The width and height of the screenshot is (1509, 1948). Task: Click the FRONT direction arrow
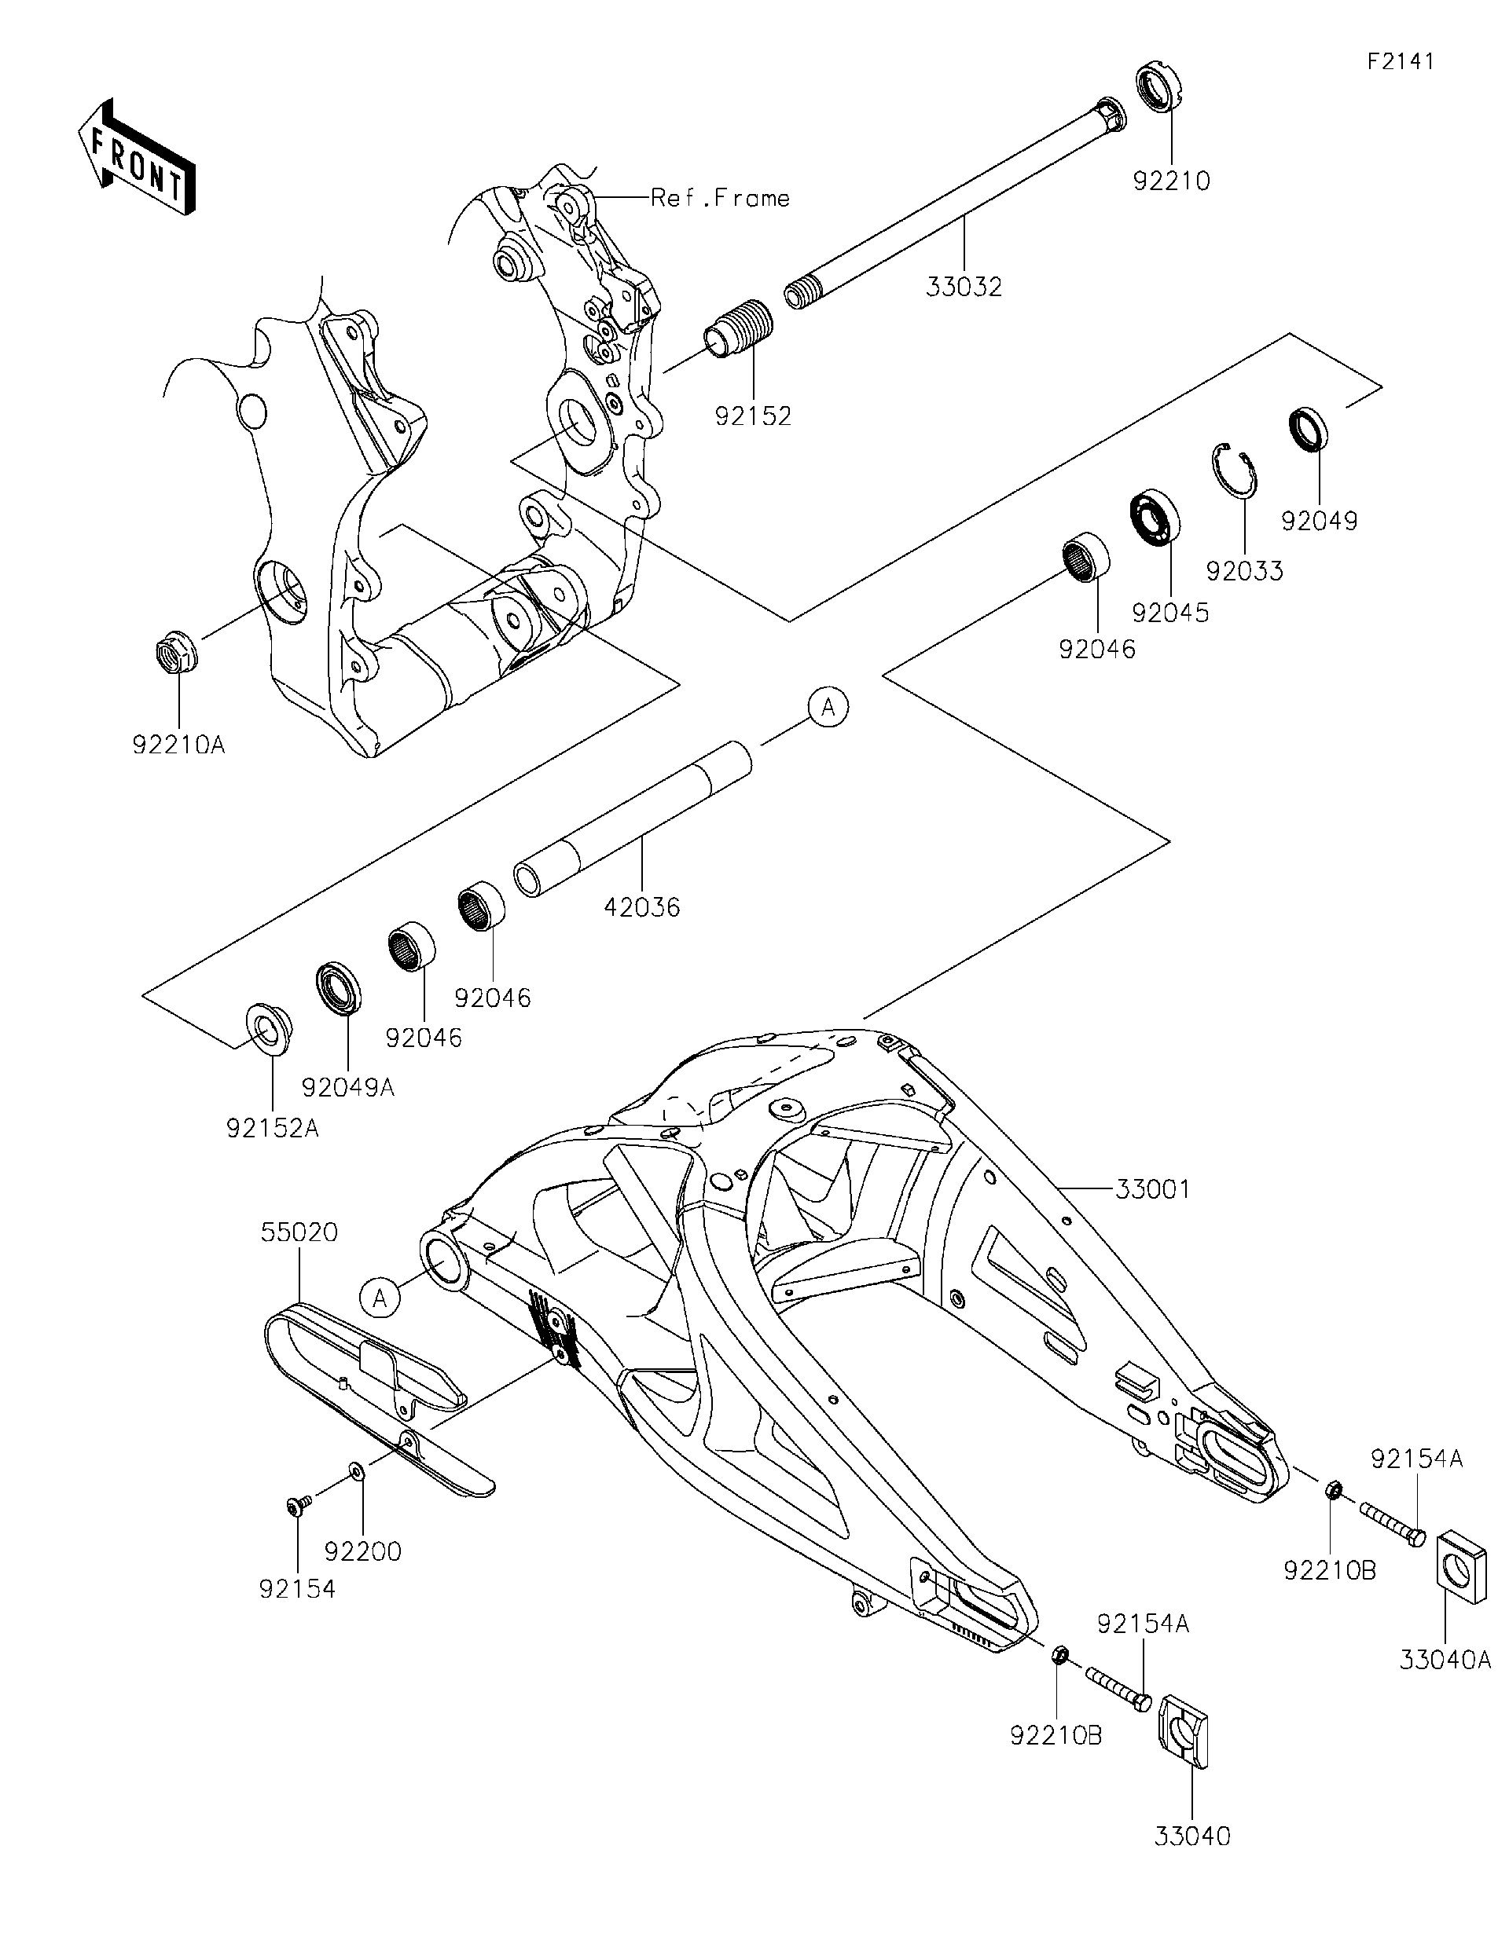click(136, 158)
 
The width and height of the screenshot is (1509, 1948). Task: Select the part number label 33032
click(964, 287)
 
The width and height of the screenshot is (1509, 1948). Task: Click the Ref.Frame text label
click(720, 197)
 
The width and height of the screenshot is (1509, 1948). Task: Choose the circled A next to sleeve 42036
click(828, 707)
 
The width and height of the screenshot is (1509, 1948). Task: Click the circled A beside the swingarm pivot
click(380, 1298)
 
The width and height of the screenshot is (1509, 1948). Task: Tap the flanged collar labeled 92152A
click(266, 1031)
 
